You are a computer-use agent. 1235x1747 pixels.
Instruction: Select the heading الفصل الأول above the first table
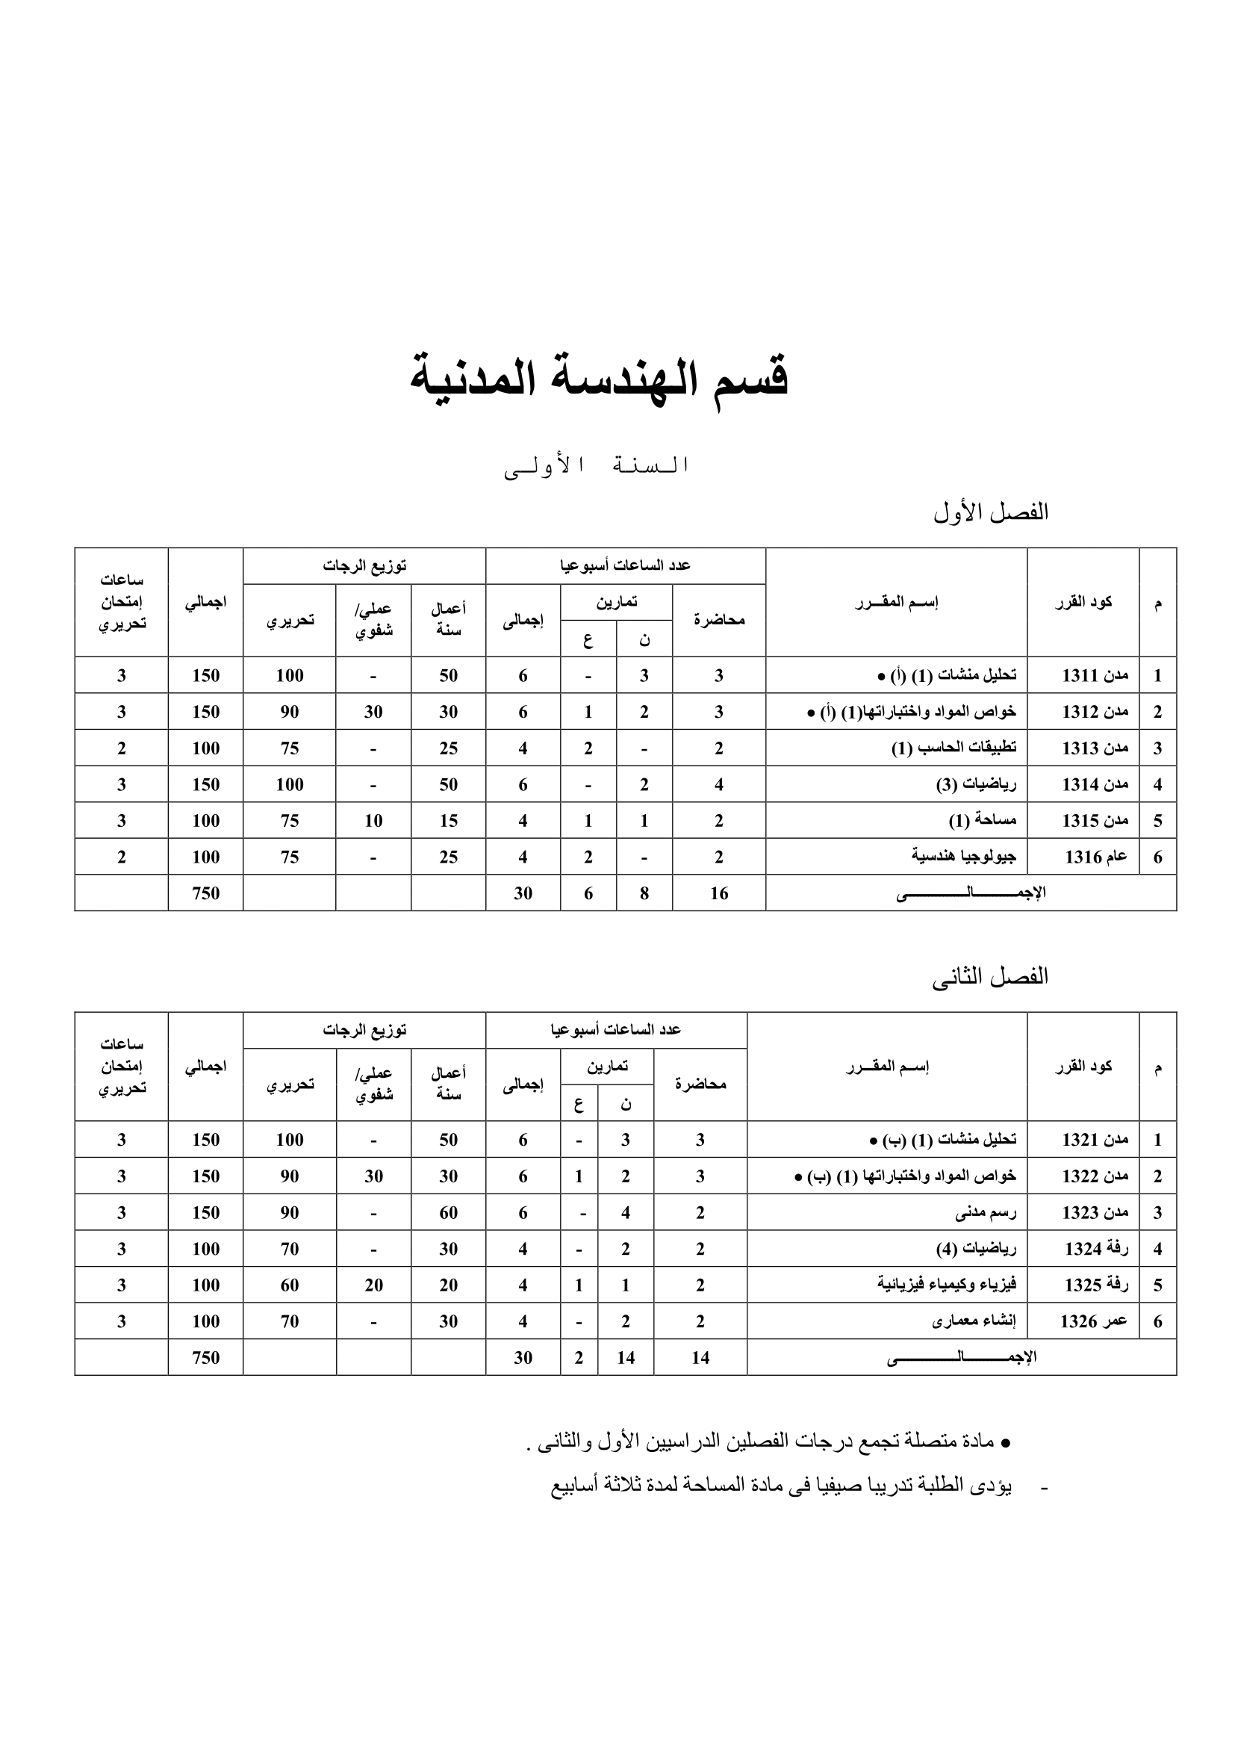[x=990, y=513]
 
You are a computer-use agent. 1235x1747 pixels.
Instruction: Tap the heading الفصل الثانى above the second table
[x=989, y=978]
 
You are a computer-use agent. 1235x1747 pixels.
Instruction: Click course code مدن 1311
[x=1095, y=676]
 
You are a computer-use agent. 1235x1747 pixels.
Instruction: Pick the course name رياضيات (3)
[x=976, y=784]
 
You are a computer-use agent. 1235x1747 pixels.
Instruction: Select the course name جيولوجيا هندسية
[x=963, y=857]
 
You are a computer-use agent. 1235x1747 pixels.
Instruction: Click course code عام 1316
[x=1095, y=857]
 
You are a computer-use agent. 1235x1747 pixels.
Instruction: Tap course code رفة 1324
[x=1096, y=1249]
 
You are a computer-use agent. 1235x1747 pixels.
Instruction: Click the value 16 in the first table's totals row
[x=718, y=893]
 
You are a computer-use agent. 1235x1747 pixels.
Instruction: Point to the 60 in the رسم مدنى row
[x=448, y=1213]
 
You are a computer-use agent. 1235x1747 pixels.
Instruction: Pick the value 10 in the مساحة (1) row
[x=373, y=821]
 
